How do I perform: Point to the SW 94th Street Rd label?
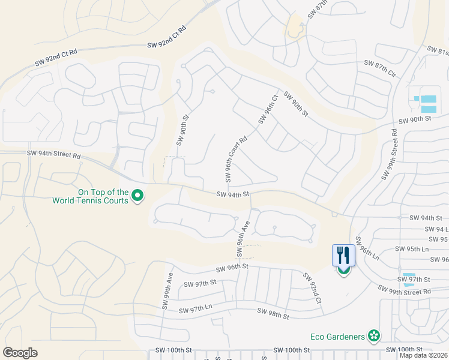[x=53, y=154]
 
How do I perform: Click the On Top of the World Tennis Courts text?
[x=91, y=196]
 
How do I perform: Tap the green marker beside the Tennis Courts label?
[x=137, y=196]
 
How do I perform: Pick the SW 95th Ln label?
[x=411, y=248]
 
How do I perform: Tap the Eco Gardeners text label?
[x=338, y=335]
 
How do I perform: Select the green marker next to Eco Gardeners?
[x=374, y=335]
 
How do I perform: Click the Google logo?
[x=20, y=353]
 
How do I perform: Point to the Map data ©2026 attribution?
[x=424, y=355]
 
